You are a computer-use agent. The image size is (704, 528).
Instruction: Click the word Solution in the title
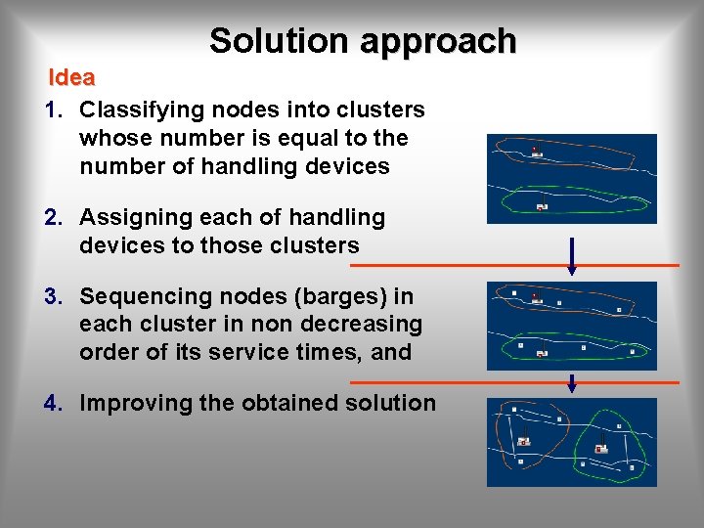tap(279, 41)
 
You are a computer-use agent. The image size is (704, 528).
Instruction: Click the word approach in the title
tap(437, 41)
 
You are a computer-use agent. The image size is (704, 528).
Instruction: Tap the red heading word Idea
tap(72, 77)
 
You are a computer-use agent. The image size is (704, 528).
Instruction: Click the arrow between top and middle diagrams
tap(572, 255)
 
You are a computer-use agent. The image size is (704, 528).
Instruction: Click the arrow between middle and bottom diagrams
tap(572, 382)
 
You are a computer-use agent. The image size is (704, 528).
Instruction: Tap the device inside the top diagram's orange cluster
tap(535, 152)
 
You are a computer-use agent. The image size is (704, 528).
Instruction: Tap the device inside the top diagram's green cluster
tap(542, 206)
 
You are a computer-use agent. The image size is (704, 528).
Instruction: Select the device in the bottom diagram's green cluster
tap(600, 448)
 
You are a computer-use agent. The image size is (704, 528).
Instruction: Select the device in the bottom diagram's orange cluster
tap(524, 441)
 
